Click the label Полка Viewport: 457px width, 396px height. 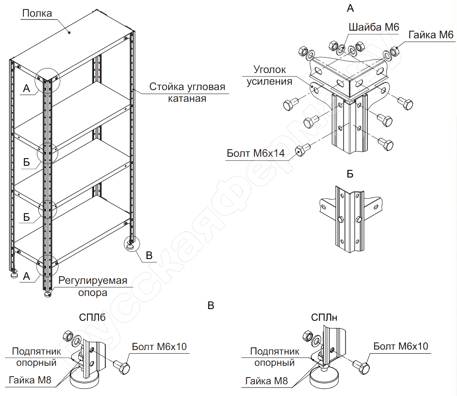click(x=37, y=14)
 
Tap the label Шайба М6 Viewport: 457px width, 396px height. click(x=374, y=27)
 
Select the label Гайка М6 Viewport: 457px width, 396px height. click(x=431, y=35)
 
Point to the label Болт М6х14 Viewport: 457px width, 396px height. click(x=256, y=153)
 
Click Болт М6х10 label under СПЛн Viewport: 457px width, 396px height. click(x=400, y=346)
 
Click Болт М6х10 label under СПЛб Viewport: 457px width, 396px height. click(x=159, y=346)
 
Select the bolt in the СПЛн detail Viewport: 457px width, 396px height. click(x=362, y=367)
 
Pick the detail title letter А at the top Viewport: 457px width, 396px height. click(x=351, y=8)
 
